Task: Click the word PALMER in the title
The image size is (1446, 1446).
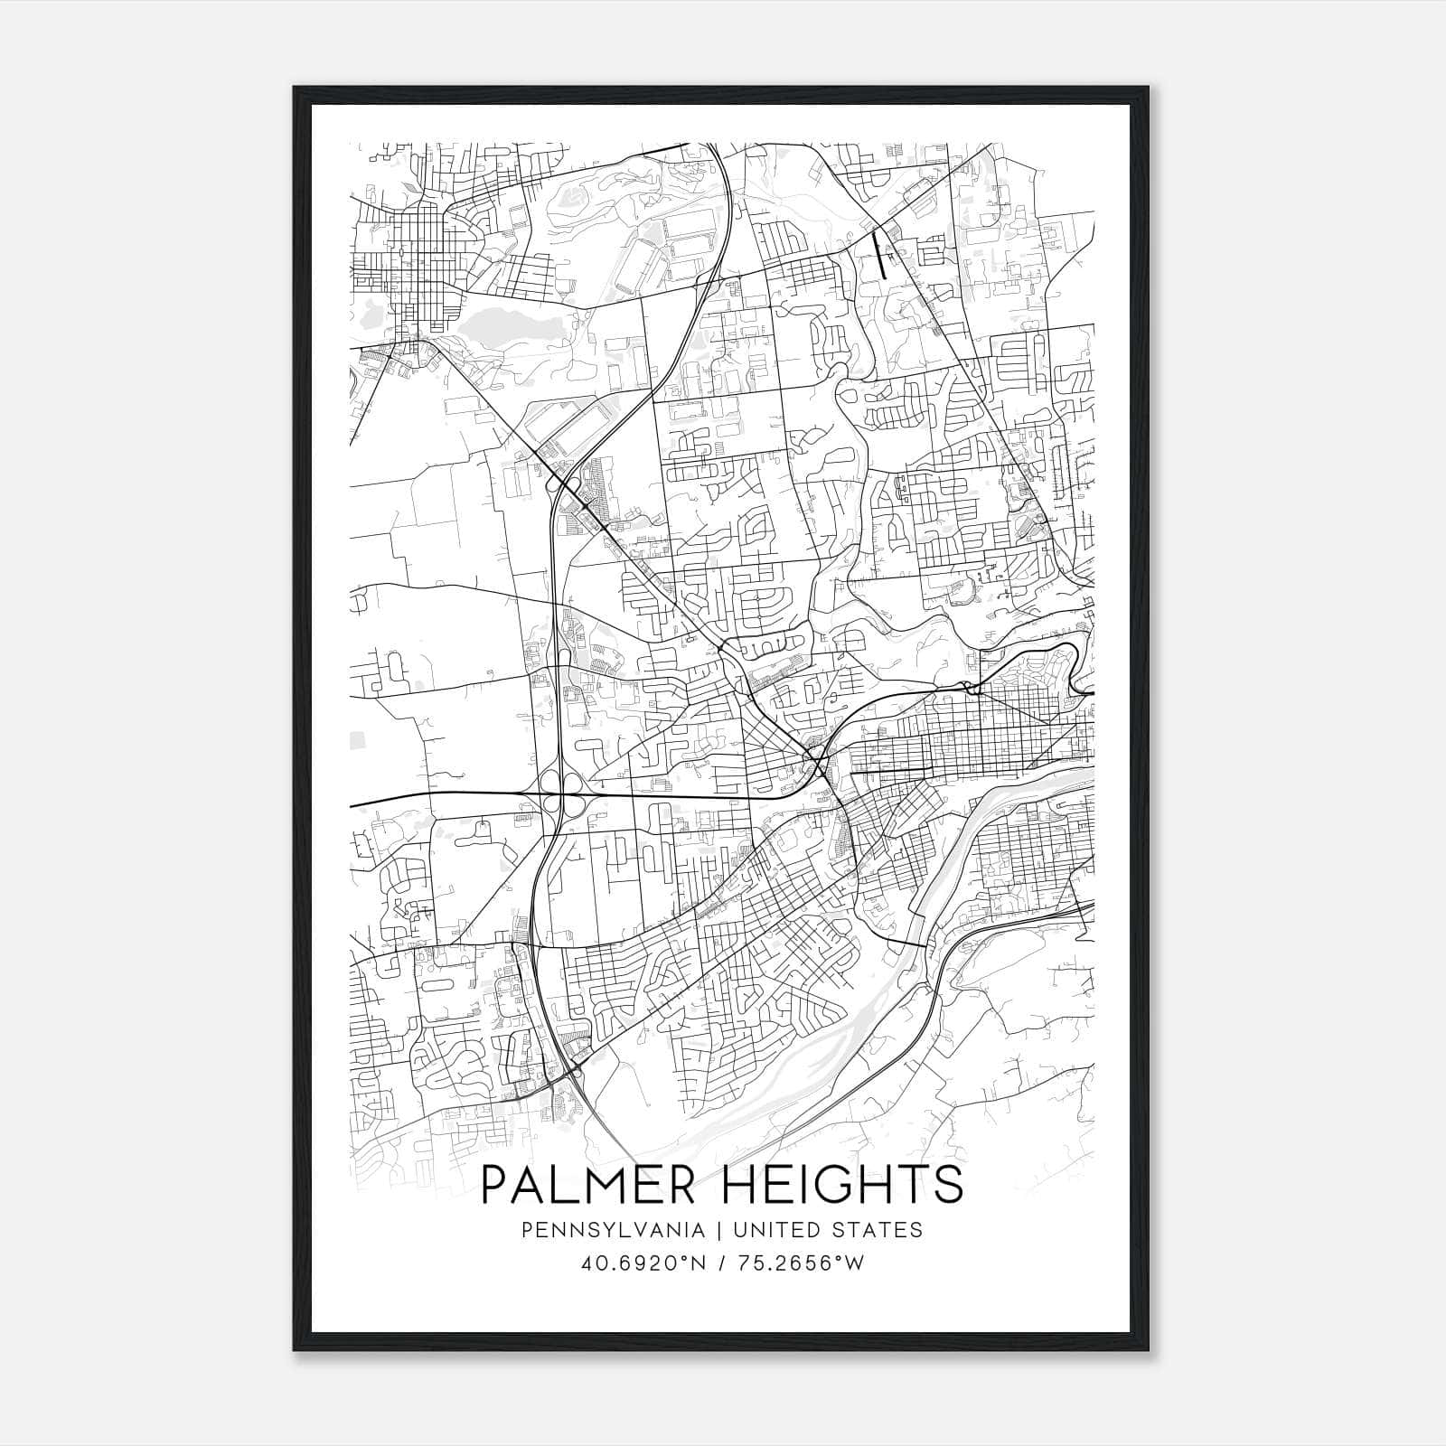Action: point(591,1184)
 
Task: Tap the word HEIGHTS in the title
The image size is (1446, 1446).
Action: point(842,1184)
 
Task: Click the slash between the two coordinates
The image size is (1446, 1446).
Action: point(718,1263)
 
